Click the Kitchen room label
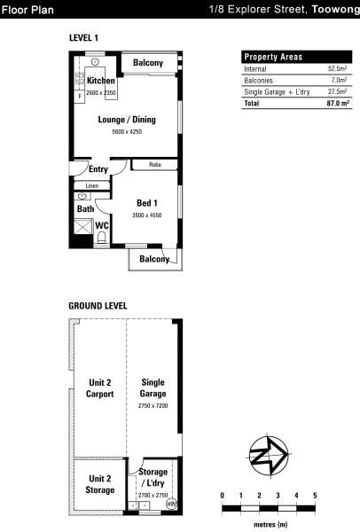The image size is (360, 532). click(101, 81)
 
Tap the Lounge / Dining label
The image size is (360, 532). click(127, 120)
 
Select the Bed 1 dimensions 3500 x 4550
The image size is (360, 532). click(146, 215)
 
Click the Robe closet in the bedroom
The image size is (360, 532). click(154, 165)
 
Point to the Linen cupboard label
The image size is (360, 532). click(92, 185)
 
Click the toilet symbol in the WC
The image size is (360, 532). click(101, 237)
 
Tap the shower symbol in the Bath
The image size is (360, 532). click(83, 226)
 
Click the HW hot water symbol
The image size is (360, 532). click(172, 504)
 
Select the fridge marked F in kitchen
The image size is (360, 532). click(80, 96)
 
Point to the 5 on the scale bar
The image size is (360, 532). click(315, 496)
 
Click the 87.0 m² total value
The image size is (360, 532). click(338, 103)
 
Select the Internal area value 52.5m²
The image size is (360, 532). click(337, 68)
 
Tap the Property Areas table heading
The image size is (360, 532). click(273, 57)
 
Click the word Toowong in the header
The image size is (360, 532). click(335, 9)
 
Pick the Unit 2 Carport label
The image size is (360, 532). click(100, 388)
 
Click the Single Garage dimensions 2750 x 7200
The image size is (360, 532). click(153, 405)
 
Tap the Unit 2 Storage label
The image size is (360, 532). click(100, 484)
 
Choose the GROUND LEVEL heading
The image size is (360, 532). click(98, 306)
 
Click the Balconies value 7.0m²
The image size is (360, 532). click(339, 80)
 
